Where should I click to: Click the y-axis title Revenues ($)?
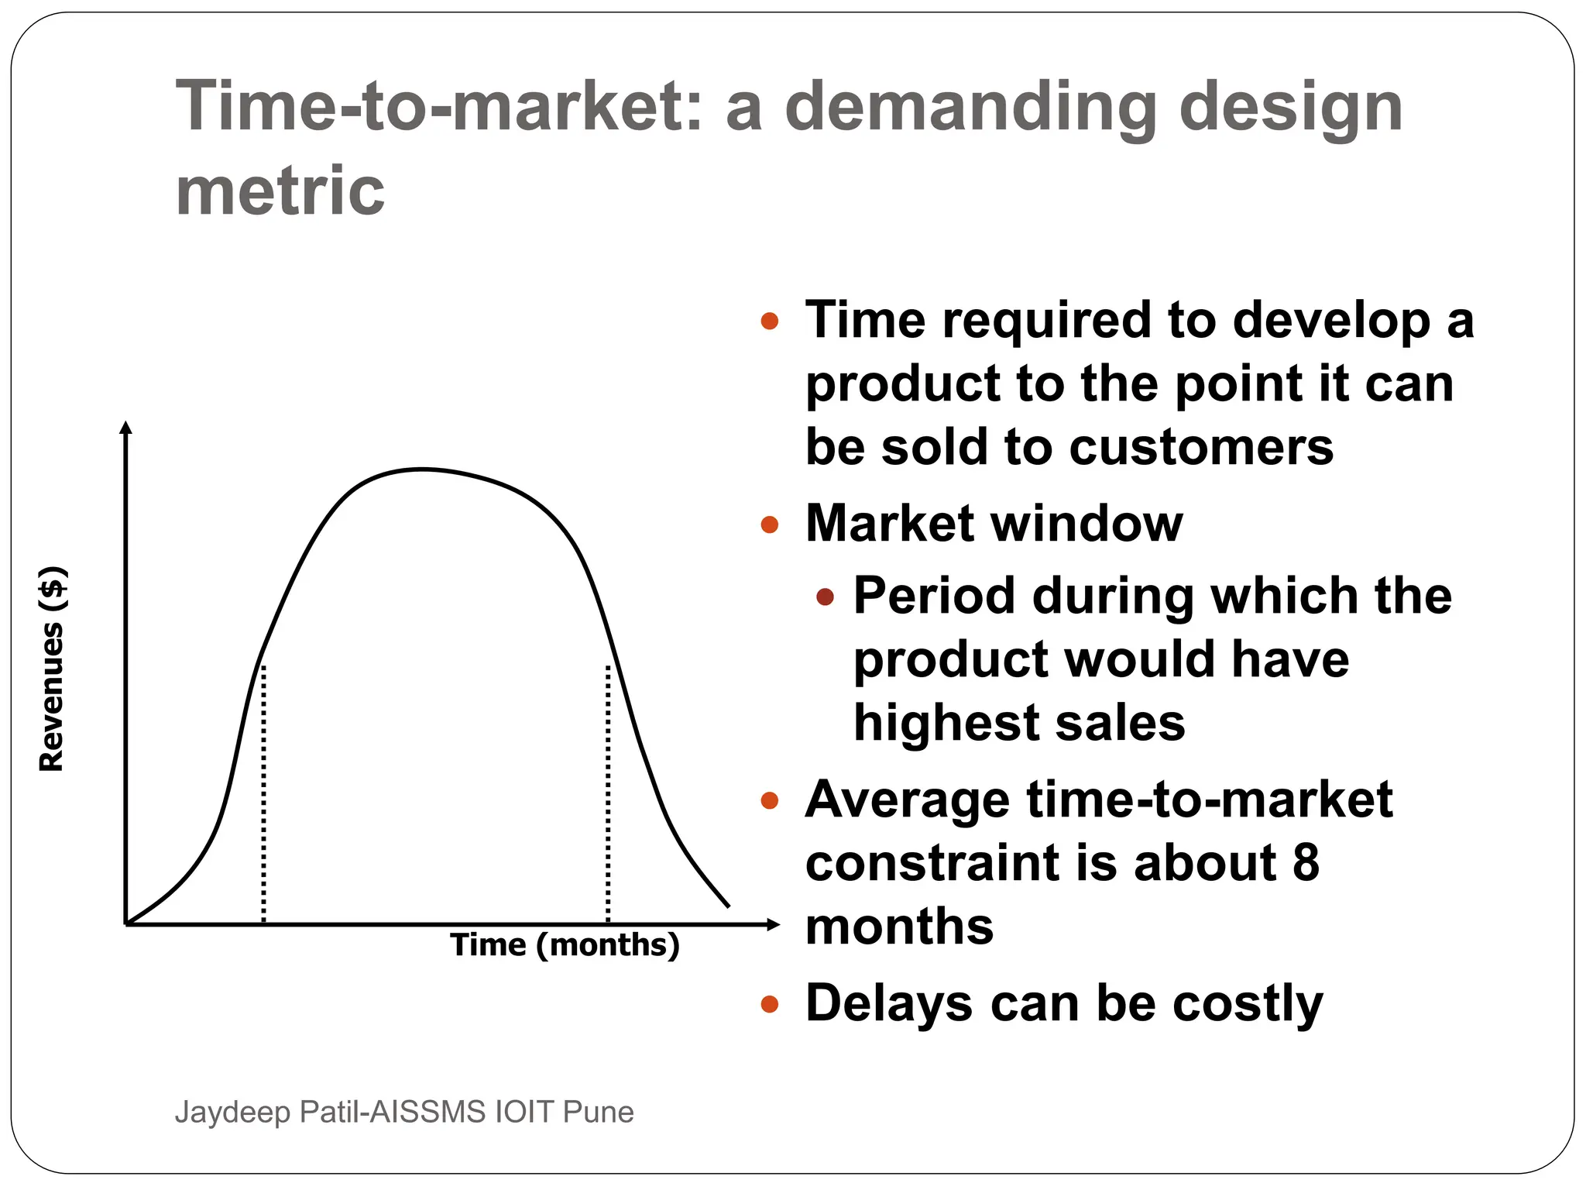[x=53, y=669]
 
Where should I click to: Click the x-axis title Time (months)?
[x=565, y=945]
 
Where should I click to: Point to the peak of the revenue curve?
[x=422, y=469]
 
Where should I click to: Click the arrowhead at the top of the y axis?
[x=126, y=427]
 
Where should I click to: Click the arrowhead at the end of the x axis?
[x=772, y=923]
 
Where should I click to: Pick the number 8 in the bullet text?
[x=1306, y=862]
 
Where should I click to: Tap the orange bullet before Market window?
[x=769, y=525]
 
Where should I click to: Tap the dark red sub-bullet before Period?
[x=825, y=597]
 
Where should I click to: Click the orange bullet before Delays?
[x=769, y=1005]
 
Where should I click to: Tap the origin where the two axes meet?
[x=126, y=923]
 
